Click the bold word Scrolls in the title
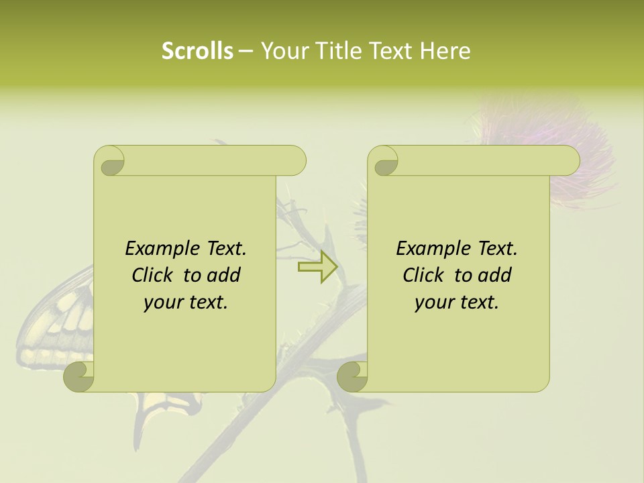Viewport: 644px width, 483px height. [197, 51]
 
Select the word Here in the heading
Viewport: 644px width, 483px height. [445, 51]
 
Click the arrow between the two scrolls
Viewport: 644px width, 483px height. [317, 268]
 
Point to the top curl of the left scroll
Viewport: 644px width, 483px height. [109, 162]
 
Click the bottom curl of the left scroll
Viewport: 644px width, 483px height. [79, 377]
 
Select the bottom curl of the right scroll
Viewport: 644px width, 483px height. [352, 377]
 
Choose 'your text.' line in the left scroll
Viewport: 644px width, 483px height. [186, 302]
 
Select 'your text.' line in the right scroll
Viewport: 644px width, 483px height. [457, 302]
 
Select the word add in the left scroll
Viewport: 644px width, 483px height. [225, 275]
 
